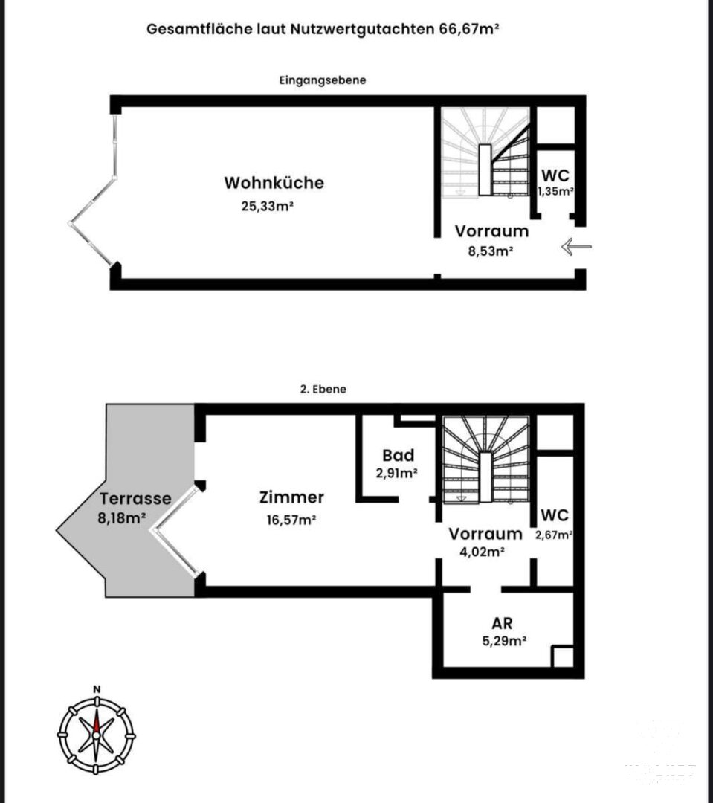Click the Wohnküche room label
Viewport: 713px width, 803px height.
[274, 183]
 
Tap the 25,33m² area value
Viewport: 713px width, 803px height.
[267, 206]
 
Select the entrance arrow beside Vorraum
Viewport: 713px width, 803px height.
[576, 247]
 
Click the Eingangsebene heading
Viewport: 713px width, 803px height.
[323, 80]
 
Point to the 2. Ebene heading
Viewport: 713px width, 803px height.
[323, 389]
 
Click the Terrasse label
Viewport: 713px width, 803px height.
[135, 498]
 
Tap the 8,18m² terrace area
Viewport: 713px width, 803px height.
[122, 517]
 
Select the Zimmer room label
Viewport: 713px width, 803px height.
[291, 497]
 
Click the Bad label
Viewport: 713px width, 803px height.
[398, 455]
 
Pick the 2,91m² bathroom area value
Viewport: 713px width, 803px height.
[396, 473]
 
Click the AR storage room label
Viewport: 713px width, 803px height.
[502, 623]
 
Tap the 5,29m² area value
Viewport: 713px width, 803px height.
[505, 641]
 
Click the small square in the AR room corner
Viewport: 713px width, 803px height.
[563, 657]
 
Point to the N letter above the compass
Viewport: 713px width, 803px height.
[97, 689]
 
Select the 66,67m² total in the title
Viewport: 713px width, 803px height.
[469, 29]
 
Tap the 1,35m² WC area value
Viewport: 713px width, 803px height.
[555, 192]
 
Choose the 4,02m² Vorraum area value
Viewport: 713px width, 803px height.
[483, 552]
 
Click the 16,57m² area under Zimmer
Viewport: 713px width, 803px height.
[291, 520]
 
